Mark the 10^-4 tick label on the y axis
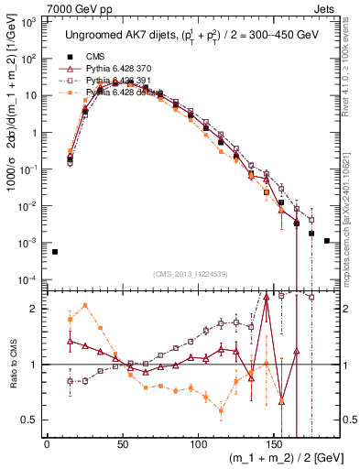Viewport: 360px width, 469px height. pyautogui.click(x=28, y=279)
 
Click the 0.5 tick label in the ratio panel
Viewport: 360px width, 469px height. pyautogui.click(x=29, y=420)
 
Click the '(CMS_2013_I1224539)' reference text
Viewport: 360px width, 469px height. pyautogui.click(x=189, y=274)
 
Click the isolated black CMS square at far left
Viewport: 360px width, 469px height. pyautogui.click(x=55, y=252)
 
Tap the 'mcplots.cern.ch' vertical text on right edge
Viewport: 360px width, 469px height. pyautogui.click(x=354, y=211)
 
